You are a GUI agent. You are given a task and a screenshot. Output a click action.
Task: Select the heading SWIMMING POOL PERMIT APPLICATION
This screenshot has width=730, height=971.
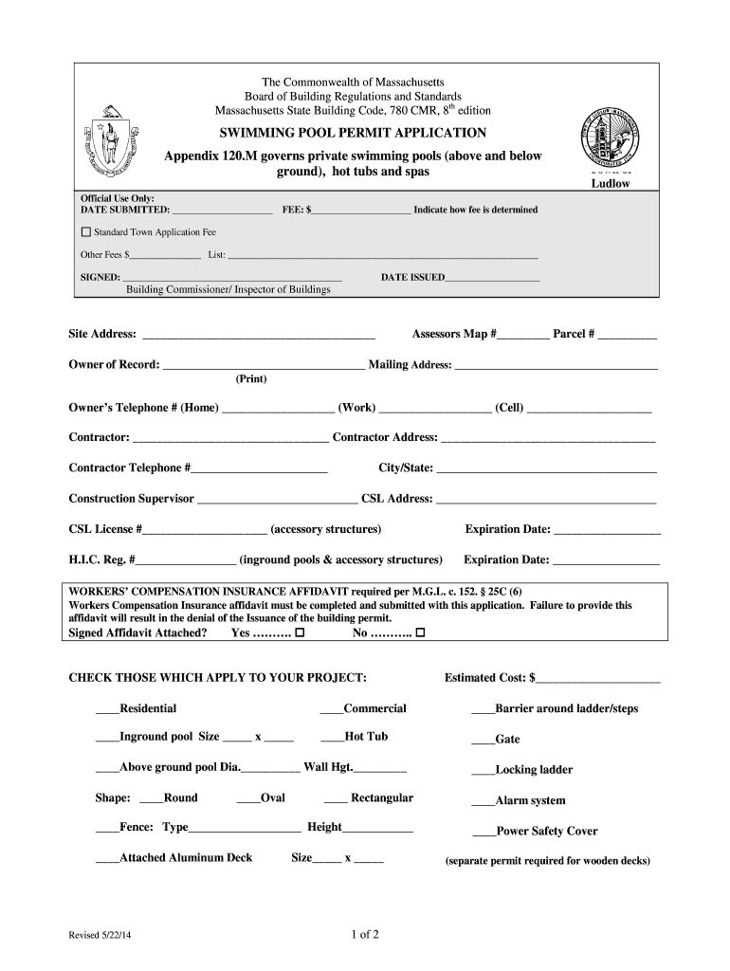tap(353, 133)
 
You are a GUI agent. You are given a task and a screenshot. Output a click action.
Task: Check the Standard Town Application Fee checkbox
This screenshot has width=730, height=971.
tap(86, 231)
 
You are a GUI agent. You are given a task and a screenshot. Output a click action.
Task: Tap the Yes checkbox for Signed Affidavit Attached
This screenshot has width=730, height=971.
tap(301, 632)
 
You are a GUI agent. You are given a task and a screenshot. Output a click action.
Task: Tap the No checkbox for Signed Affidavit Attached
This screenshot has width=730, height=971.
tap(420, 632)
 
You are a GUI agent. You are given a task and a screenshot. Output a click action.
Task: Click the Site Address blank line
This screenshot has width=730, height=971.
tap(257, 336)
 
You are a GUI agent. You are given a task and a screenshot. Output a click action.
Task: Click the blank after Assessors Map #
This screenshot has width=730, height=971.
tap(522, 336)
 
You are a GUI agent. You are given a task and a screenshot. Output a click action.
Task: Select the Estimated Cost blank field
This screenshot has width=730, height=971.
tap(598, 679)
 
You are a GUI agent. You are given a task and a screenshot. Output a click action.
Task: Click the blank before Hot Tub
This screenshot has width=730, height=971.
tap(332, 738)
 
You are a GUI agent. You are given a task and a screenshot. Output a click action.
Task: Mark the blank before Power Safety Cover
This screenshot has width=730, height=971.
tap(484, 833)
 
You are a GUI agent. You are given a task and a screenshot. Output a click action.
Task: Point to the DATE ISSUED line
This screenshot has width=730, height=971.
tap(491, 279)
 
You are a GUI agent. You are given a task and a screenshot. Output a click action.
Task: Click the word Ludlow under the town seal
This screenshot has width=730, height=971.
tap(611, 183)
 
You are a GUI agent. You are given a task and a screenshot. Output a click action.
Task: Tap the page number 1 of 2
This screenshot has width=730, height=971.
tap(365, 935)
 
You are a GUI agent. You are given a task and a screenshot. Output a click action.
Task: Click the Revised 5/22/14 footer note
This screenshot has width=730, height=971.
tap(100, 936)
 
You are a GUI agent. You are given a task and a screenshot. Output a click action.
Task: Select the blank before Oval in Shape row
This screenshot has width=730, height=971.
tap(247, 799)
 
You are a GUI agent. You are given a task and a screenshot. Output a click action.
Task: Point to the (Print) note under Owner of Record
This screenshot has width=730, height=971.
tap(251, 379)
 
